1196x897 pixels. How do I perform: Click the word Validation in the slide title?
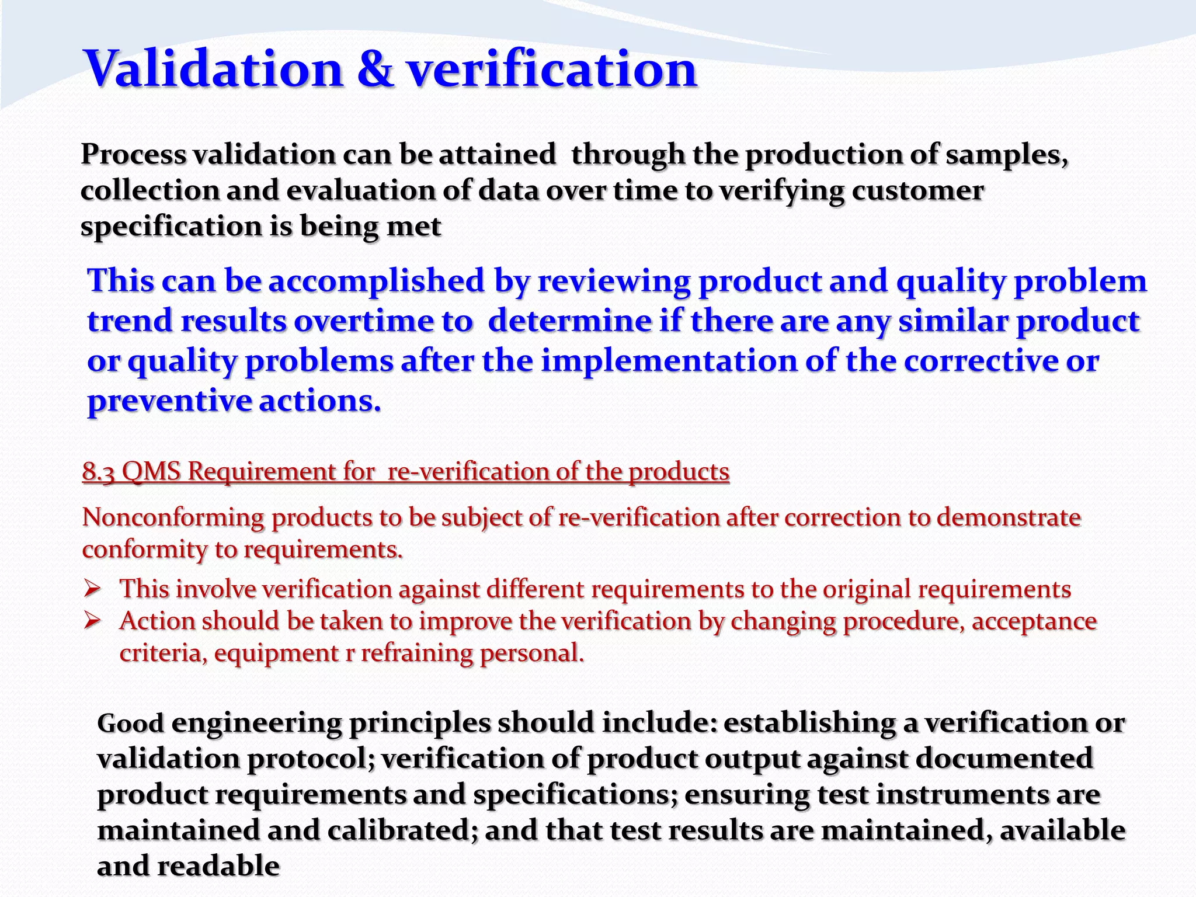[214, 69]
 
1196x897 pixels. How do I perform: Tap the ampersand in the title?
[375, 69]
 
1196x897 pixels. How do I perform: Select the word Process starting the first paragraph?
[134, 155]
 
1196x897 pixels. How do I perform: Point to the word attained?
[497, 155]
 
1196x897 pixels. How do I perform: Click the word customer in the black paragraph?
[917, 191]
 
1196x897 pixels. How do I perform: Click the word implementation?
[669, 361]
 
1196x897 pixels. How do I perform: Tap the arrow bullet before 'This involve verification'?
[93, 589]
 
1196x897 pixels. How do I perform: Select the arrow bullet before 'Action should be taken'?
[93, 621]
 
